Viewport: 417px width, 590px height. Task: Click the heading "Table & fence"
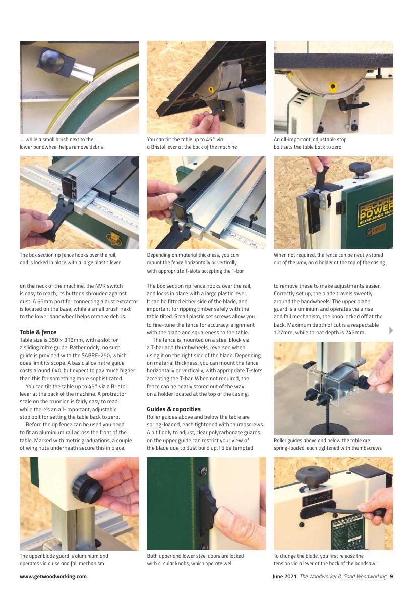[x=38, y=332]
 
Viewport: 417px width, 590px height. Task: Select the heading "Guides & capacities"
[x=173, y=409]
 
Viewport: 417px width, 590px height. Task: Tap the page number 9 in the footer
[x=391, y=576]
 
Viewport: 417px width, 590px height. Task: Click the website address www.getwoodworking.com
[x=53, y=576]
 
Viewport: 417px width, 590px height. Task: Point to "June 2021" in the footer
[x=285, y=576]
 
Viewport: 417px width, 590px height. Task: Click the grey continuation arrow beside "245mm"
[x=391, y=330]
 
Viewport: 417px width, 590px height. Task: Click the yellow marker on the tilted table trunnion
[x=211, y=90]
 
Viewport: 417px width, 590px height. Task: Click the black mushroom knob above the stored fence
[x=360, y=168]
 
